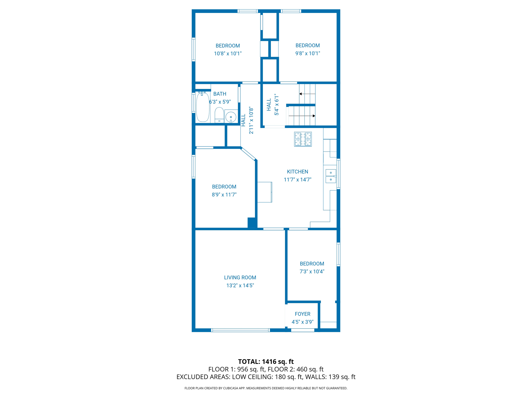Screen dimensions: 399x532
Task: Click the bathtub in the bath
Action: point(203,107)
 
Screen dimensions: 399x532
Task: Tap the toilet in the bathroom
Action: point(219,115)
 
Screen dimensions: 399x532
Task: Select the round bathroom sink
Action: point(231,117)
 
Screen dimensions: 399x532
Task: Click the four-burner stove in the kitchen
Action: point(303,139)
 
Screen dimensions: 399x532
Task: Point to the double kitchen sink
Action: point(331,176)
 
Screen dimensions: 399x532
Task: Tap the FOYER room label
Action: point(302,314)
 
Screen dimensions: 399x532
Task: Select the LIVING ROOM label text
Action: point(240,277)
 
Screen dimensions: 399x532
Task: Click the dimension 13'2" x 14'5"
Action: point(240,285)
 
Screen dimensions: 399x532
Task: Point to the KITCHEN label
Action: point(297,172)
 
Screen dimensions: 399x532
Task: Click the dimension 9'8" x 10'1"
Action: point(308,53)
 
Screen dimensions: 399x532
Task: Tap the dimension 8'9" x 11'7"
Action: point(224,195)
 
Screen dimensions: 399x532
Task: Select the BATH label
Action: point(220,94)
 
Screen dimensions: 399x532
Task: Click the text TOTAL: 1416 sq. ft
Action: point(266,362)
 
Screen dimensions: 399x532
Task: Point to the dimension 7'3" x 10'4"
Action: point(312,271)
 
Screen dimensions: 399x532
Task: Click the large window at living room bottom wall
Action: point(241,330)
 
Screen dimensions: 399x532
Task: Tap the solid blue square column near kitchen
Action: point(252,223)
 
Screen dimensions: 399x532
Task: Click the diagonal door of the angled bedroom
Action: point(248,154)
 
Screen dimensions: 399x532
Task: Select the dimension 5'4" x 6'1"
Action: point(277,105)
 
